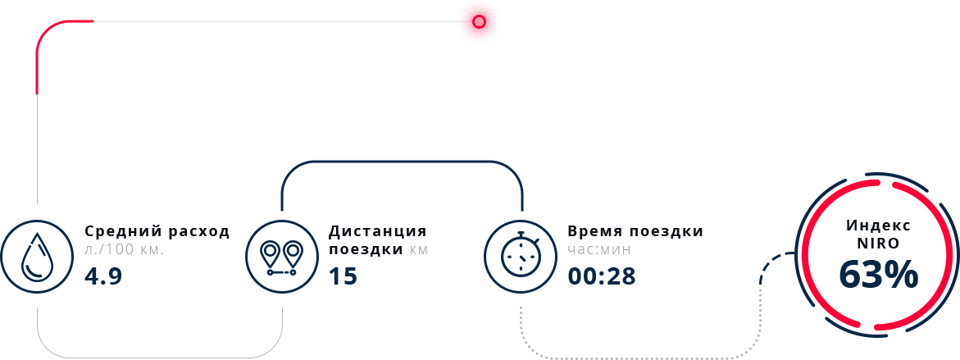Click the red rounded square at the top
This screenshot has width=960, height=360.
479,21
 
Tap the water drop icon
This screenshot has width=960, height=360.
36,255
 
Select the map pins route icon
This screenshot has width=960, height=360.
281,255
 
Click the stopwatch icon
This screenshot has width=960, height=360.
519,255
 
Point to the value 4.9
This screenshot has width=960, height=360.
103,276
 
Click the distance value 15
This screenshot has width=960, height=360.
343,276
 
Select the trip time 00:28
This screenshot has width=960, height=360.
601,276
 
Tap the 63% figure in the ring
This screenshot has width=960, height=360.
878,276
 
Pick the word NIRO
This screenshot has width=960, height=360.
878,244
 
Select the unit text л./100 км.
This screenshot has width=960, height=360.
124,248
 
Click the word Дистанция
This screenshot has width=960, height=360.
377,231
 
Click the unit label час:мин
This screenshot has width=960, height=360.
598,248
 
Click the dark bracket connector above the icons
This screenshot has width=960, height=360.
402,162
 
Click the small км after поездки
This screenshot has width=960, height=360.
419,248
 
